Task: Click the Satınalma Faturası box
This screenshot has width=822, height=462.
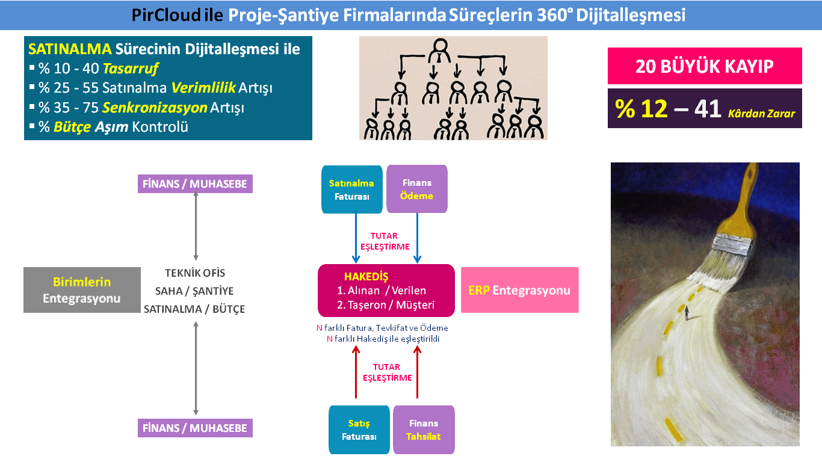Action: tap(352, 189)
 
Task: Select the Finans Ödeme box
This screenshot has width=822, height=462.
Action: tap(417, 189)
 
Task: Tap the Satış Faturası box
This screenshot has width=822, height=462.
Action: tap(359, 430)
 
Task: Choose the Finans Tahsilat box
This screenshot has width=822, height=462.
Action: tap(424, 430)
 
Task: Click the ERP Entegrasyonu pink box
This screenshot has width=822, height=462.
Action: tap(520, 290)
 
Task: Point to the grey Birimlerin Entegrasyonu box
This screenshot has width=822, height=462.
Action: tap(82, 290)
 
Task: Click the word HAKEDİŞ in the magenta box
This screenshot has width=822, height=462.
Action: tap(366, 276)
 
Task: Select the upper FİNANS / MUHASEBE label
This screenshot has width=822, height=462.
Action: tap(195, 184)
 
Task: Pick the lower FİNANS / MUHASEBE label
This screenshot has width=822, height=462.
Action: tap(195, 428)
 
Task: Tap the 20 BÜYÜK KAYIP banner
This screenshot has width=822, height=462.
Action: tap(705, 66)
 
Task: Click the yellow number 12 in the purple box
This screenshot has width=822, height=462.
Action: tap(654, 109)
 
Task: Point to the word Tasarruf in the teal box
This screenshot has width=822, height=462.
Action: tap(130, 69)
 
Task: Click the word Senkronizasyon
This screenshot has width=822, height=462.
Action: tap(155, 108)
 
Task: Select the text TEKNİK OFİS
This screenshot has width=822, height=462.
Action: tap(195, 273)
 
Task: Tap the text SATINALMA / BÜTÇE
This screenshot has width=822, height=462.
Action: tap(194, 309)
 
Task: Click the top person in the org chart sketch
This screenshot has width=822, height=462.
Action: tap(440, 51)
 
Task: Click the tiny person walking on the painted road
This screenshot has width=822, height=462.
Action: tap(687, 313)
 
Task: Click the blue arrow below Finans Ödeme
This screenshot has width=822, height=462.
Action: tap(417, 238)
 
